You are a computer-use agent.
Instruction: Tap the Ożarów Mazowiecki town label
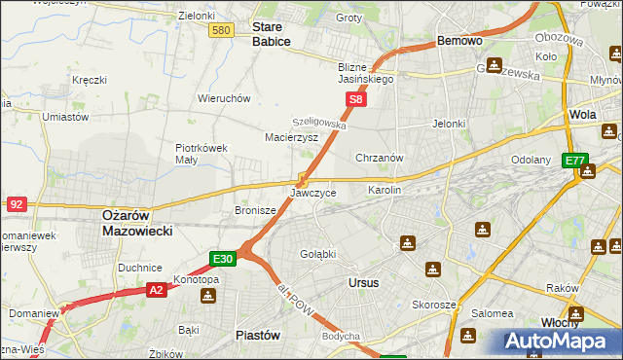click(x=137, y=223)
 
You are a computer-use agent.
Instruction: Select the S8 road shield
click(x=357, y=99)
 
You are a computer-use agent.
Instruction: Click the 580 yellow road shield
click(x=221, y=31)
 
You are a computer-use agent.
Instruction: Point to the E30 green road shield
click(x=223, y=259)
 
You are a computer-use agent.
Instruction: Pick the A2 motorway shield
click(x=157, y=289)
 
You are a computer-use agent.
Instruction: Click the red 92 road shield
click(x=16, y=204)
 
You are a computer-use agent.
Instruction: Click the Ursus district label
click(x=363, y=282)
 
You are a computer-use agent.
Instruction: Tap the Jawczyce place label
click(x=313, y=193)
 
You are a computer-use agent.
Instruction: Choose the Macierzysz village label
click(x=292, y=138)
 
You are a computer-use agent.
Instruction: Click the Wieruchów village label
click(x=225, y=98)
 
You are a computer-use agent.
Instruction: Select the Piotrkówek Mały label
click(x=201, y=155)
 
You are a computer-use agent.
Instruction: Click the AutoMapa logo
click(x=562, y=341)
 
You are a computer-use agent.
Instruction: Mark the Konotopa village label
click(x=196, y=279)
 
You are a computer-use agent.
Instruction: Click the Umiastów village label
click(x=65, y=117)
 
